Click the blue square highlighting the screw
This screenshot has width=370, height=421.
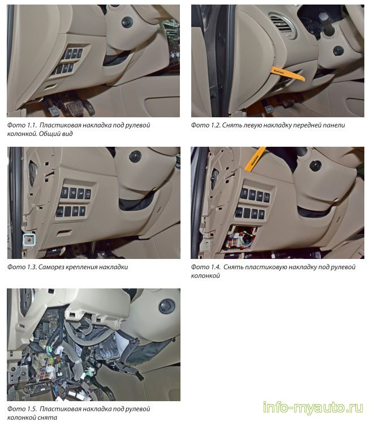pyautogui.click(x=29, y=240)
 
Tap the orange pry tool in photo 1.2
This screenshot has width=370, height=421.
pyautogui.click(x=288, y=74)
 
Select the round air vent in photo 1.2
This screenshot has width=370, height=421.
pyautogui.click(x=282, y=25)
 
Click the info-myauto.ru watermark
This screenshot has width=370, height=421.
pyautogui.click(x=313, y=407)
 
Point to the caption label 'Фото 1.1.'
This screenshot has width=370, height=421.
pyautogui.click(x=21, y=125)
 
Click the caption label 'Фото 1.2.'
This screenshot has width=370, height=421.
pyautogui.click(x=205, y=125)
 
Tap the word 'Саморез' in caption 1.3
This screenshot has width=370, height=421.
pyautogui.click(x=51, y=267)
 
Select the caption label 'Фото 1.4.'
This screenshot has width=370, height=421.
pyautogui.click(x=205, y=267)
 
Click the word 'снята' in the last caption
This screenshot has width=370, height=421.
pyautogui.click(x=48, y=418)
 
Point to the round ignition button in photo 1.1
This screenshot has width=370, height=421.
pyautogui.click(x=127, y=22)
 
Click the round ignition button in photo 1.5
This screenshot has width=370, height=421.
pyautogui.click(x=167, y=307)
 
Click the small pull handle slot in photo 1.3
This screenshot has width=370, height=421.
pyautogui.click(x=64, y=232)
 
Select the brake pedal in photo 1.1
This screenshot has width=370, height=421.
pyautogui.click(x=75, y=107)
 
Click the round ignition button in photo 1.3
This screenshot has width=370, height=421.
pyautogui.click(x=135, y=156)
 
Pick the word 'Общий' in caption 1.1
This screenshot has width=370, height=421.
pyautogui.click(x=49, y=134)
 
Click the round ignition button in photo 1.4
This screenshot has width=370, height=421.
pyautogui.click(x=315, y=165)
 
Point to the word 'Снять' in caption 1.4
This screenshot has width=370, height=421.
pyautogui.click(x=233, y=267)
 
